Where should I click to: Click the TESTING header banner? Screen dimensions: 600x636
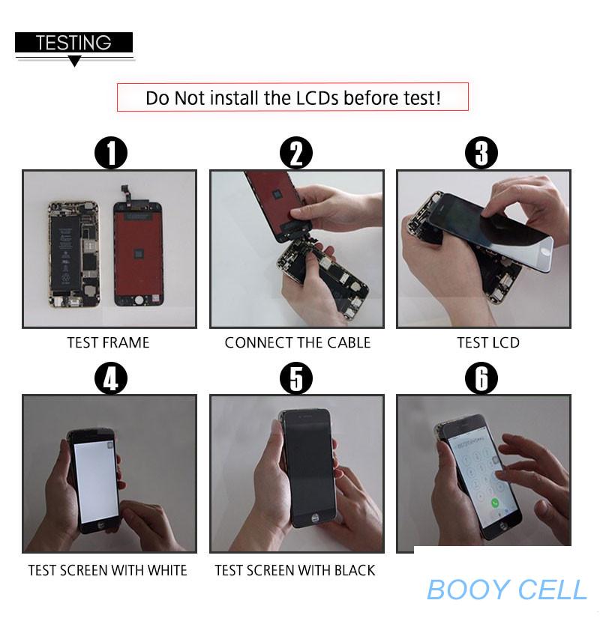click(x=74, y=42)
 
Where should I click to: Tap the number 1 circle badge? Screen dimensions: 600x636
click(x=111, y=154)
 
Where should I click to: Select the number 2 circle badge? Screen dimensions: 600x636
click(x=296, y=154)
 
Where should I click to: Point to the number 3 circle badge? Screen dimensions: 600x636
click(x=481, y=153)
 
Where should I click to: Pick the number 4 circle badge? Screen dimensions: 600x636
click(x=111, y=378)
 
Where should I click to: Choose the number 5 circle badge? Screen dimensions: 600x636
click(x=296, y=378)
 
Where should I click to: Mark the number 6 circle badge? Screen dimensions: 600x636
click(x=481, y=378)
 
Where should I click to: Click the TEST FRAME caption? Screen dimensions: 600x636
click(x=109, y=343)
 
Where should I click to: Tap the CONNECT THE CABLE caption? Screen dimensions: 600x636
click(x=298, y=343)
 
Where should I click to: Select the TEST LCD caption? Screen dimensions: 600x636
click(x=488, y=343)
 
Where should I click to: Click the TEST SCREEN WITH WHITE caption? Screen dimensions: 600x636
click(x=107, y=570)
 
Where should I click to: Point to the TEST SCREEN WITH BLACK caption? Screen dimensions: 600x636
click(x=295, y=570)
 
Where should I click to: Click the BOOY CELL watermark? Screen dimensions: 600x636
click(x=507, y=590)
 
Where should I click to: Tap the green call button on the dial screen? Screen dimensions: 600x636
click(x=495, y=503)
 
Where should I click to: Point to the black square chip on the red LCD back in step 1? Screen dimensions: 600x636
click(x=139, y=254)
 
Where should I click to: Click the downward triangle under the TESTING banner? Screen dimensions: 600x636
click(x=74, y=61)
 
